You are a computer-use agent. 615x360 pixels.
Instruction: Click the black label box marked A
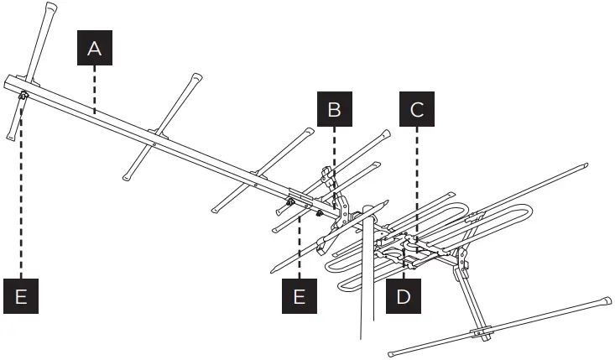click(x=95, y=49)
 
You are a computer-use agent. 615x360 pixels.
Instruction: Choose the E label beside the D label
click(x=300, y=295)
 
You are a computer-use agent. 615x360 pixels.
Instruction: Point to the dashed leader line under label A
click(x=95, y=88)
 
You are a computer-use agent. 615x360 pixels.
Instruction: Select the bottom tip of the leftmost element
click(x=8, y=134)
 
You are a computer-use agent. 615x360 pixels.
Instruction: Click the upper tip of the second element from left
click(x=196, y=77)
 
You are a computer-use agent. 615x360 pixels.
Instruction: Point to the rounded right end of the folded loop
click(x=528, y=216)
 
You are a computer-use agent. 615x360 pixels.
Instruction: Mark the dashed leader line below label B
click(x=334, y=168)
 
